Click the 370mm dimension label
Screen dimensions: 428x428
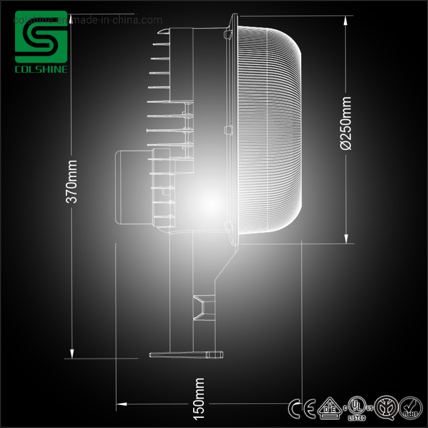tap(72, 181)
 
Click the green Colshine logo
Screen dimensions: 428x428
tap(41, 37)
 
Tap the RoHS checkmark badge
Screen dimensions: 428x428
tap(411, 409)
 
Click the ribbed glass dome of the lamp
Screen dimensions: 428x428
tap(267, 128)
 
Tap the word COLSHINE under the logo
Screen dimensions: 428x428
tap(41, 70)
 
